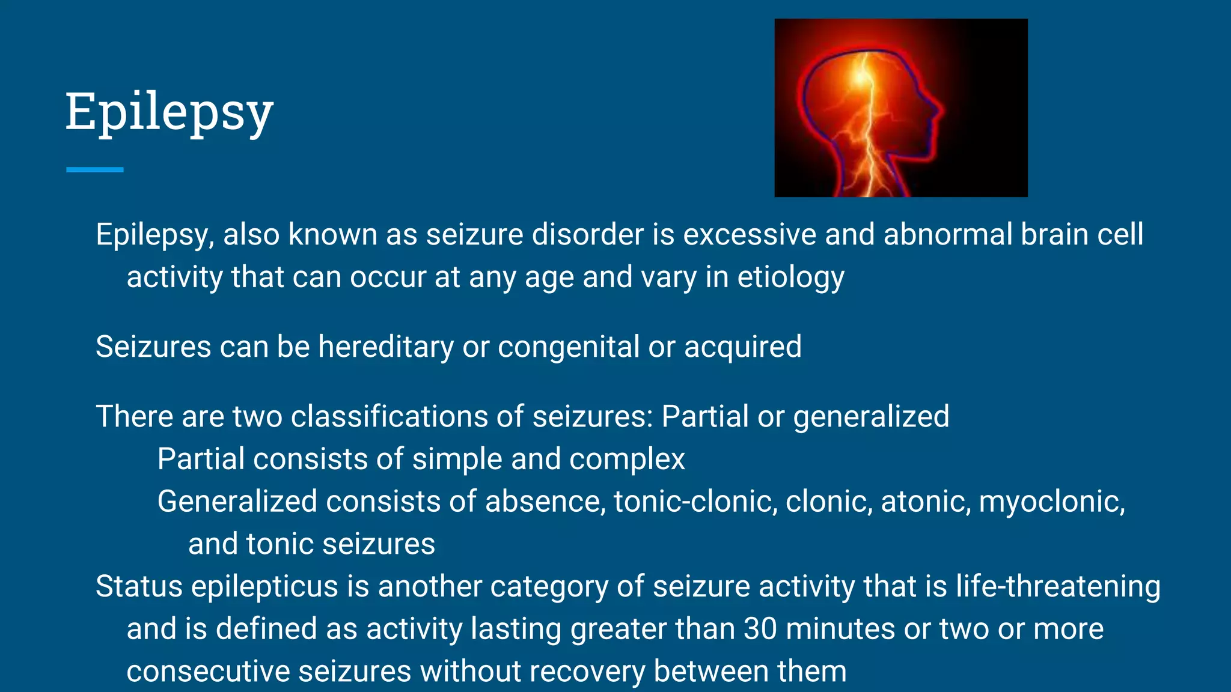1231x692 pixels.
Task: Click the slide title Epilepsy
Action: point(169,112)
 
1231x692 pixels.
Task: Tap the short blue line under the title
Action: point(95,170)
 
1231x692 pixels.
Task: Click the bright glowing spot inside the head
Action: point(862,77)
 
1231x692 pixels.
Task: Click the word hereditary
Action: point(386,347)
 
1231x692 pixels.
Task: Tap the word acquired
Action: point(742,347)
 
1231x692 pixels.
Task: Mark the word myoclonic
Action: point(1051,502)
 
